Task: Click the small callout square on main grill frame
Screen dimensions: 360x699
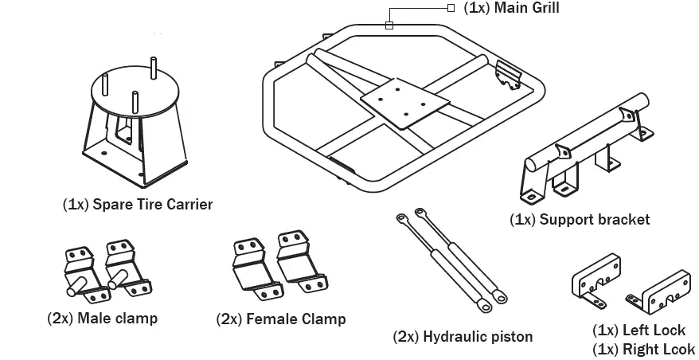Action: (389, 25)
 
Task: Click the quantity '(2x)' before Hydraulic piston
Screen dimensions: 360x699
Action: (405, 336)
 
